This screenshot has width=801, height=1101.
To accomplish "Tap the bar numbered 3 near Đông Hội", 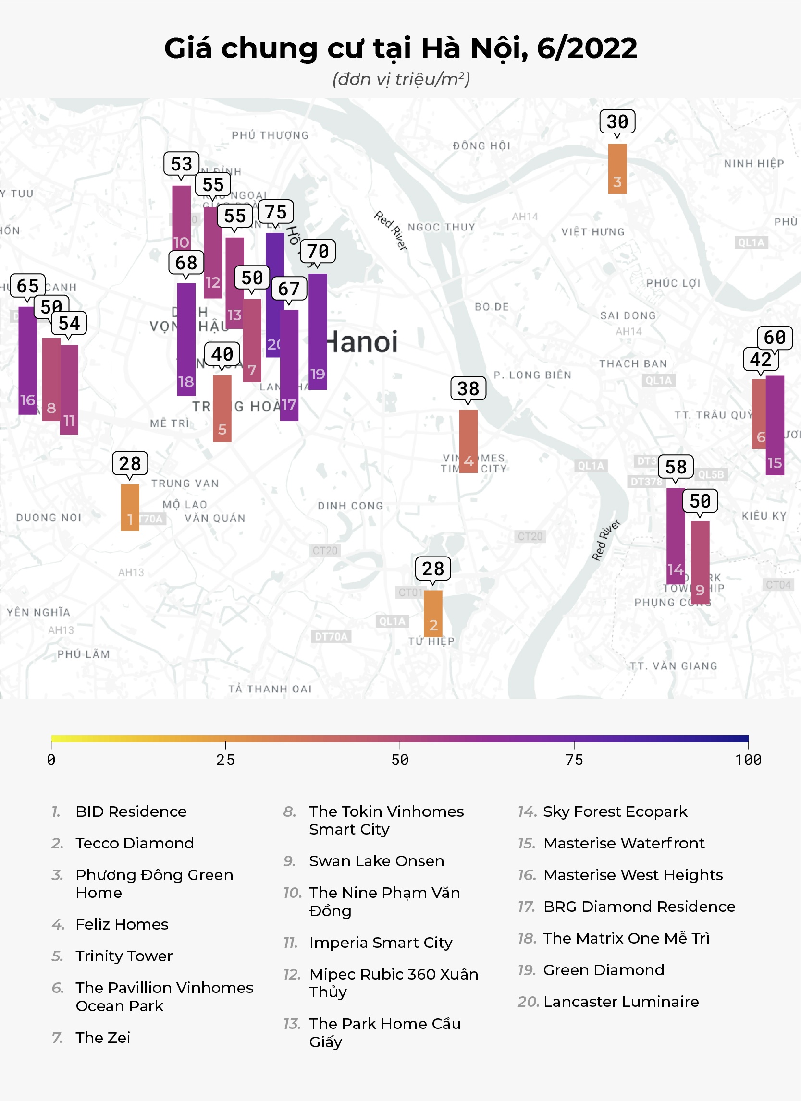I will [617, 169].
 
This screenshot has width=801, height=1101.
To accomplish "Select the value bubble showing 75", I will [275, 212].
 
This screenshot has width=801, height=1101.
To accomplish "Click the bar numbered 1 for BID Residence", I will [130, 507].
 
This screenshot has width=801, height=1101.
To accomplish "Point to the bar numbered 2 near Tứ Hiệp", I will [433, 613].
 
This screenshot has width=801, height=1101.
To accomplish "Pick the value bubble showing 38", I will [468, 388].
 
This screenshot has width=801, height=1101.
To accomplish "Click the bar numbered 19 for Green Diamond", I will [318, 332].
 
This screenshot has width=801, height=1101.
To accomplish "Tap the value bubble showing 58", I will [676, 467].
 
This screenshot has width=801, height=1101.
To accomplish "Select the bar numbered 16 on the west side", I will [27, 360].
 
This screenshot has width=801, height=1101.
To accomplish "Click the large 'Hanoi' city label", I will [362, 342].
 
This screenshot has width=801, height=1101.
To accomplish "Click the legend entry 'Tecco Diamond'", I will [135, 843].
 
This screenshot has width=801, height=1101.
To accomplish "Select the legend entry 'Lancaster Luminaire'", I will [621, 1002].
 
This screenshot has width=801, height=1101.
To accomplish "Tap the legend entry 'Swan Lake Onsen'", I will [376, 861].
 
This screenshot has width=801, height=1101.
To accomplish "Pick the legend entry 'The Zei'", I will [103, 1038].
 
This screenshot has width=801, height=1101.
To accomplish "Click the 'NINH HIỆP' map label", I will [754, 164].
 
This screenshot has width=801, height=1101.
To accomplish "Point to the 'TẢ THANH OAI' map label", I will [270, 689].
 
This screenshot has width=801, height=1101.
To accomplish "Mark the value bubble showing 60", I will [775, 338].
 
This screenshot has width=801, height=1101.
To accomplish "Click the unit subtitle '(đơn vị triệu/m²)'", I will [401, 79].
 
